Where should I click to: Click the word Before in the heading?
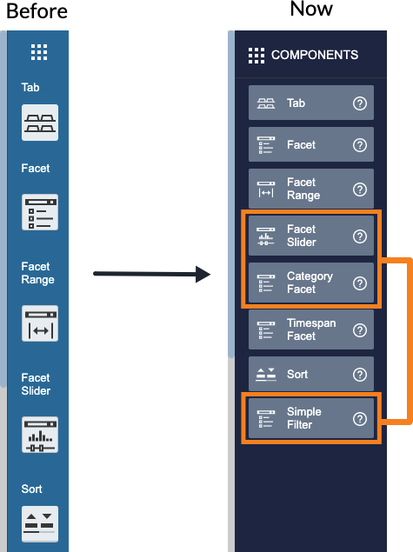pos(37,11)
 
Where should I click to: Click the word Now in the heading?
pos(311,9)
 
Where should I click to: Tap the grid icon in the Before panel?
pos(39,52)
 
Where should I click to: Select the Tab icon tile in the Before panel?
pos(40,123)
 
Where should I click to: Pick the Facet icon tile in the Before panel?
pos(40,212)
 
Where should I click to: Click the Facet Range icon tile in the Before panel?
pos(40,323)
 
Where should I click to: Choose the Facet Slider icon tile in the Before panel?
pos(40,435)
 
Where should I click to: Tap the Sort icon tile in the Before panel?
pos(40,524)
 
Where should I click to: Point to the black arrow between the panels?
pos(152,274)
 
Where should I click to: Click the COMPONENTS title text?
pos(315,55)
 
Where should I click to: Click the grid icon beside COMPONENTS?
pos(256,56)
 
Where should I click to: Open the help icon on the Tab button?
pos(360,103)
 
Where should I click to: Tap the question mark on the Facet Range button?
pos(360,190)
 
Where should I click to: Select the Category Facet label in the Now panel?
pos(310,283)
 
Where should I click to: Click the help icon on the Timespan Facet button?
pos(360,330)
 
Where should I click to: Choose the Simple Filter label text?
pos(304,418)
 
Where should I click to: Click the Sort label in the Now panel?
pos(297,374)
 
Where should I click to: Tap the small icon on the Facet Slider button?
pos(266,236)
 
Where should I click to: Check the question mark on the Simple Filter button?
pos(360,419)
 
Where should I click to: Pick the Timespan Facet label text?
pos(311,329)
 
